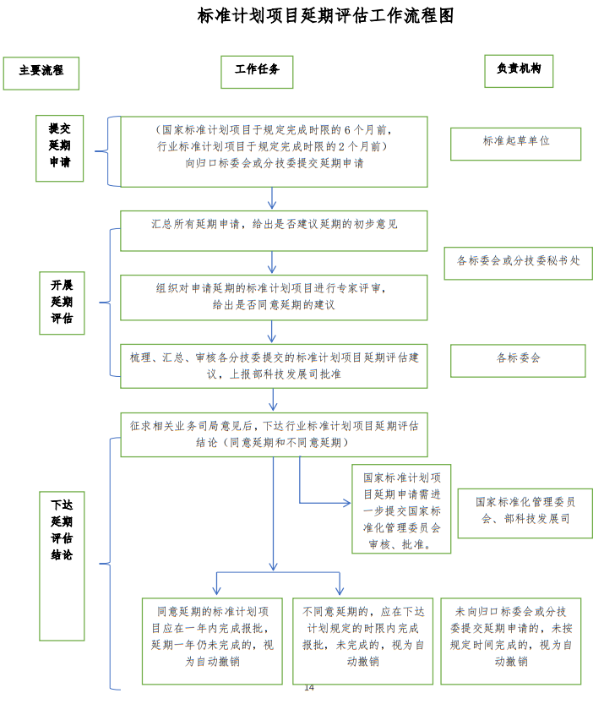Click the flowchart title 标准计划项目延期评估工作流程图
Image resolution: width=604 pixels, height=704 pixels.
(325, 16)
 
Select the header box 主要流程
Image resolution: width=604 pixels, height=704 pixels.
(41, 73)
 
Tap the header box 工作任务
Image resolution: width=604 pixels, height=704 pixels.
(257, 71)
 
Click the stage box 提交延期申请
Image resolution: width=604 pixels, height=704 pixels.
(59, 148)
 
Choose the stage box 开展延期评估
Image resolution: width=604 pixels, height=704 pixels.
(62, 303)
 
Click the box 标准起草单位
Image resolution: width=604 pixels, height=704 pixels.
(515, 143)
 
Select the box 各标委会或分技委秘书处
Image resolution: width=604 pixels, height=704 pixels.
(518, 263)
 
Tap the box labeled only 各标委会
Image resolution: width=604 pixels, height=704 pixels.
(518, 360)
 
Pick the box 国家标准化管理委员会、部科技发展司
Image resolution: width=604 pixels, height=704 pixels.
(525, 512)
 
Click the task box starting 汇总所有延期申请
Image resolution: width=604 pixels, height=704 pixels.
(274, 231)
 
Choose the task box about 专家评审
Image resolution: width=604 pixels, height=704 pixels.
(274, 297)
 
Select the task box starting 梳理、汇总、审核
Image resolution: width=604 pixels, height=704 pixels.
(274, 365)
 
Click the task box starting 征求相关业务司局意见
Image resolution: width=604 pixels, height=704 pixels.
(274, 434)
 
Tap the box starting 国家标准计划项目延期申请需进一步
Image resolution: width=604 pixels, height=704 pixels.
(401, 509)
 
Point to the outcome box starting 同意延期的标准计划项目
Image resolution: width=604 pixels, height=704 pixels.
(212, 641)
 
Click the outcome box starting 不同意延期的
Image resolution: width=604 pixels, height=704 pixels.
(362, 641)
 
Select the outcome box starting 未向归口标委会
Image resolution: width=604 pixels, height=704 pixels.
(510, 641)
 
